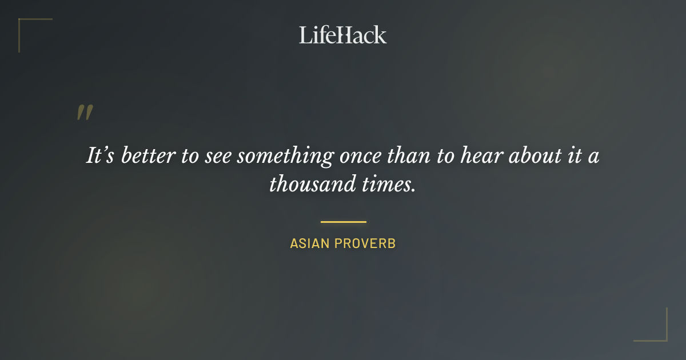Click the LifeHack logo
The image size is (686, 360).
click(343, 35)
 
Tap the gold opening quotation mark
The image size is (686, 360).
click(85, 113)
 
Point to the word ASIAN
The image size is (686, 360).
click(309, 243)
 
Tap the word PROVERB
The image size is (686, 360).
click(365, 243)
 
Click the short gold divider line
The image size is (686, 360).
click(343, 222)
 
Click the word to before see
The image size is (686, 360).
click(190, 156)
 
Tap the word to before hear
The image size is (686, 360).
click(445, 156)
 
